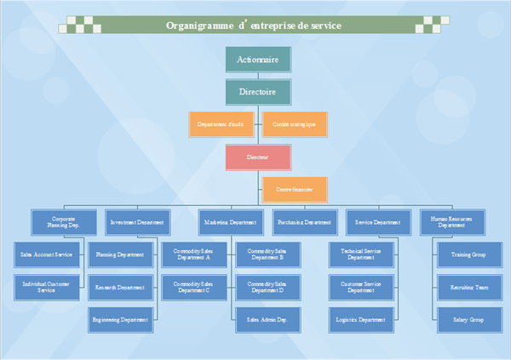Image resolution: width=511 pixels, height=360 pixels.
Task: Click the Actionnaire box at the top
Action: pos(258,60)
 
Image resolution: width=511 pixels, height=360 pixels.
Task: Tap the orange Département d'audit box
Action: pos(221,124)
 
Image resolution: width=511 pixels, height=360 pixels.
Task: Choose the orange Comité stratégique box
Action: pos(295,124)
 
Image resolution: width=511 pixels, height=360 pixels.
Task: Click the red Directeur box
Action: pos(258,157)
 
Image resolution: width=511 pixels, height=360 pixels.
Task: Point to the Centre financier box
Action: pos(295,190)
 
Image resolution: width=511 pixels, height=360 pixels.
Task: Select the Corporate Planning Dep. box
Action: pos(64,222)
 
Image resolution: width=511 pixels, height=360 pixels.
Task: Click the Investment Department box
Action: pos(138,222)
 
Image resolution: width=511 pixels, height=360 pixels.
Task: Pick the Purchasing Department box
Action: pos(304,222)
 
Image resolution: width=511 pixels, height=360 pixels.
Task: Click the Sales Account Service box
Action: pos(49,254)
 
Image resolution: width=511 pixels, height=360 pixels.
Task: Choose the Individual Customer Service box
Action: pos(49,287)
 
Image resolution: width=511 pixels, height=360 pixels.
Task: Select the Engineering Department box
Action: pos(122,320)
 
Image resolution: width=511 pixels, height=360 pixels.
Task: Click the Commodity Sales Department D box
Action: pos(267,287)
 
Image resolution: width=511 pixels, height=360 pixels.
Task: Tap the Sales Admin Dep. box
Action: pos(267,320)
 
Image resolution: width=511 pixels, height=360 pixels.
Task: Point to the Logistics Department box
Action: pos(362,320)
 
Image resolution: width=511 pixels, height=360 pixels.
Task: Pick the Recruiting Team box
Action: pos(468,287)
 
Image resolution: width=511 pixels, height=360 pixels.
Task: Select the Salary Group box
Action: pos(468,320)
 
